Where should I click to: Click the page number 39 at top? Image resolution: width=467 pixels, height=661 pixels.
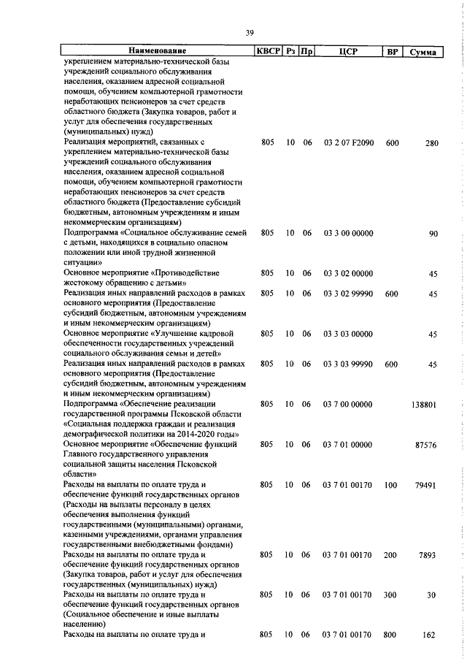click(249, 33)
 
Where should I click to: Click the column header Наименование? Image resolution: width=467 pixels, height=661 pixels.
click(157, 51)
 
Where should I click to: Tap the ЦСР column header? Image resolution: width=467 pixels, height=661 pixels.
click(347, 51)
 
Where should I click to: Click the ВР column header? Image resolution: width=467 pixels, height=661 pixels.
click(392, 51)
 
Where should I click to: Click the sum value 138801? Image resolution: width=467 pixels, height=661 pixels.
click(424, 405)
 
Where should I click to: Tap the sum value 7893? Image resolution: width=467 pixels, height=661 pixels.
click(428, 554)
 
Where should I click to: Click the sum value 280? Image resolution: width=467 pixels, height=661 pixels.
click(431, 143)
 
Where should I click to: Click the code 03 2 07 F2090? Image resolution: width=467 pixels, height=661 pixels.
click(348, 143)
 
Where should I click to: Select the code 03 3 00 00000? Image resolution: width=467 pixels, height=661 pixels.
click(347, 233)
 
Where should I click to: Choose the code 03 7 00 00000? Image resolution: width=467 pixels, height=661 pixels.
click(347, 405)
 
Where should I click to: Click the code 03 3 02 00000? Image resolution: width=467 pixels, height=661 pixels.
click(347, 273)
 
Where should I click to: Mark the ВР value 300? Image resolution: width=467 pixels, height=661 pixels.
click(393, 595)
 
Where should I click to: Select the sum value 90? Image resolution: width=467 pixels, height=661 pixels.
click(433, 233)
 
